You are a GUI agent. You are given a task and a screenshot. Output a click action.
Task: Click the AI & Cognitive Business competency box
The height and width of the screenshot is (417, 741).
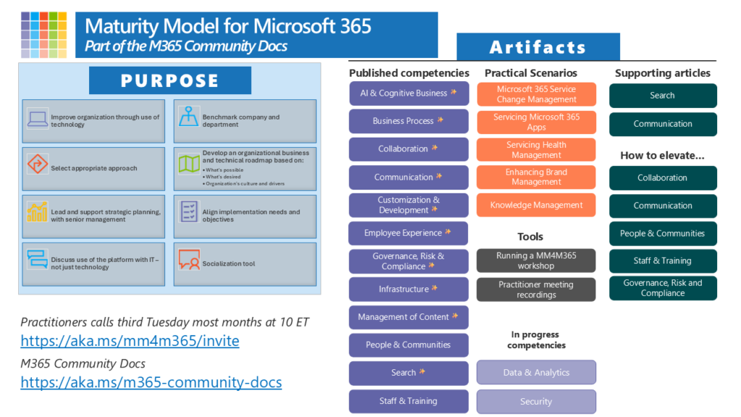[409, 93]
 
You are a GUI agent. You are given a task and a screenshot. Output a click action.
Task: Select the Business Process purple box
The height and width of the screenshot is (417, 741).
[409, 121]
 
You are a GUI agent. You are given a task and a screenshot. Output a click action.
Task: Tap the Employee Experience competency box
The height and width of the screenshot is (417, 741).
[409, 233]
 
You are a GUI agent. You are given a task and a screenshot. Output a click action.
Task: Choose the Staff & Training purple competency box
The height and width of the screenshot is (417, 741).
[409, 401]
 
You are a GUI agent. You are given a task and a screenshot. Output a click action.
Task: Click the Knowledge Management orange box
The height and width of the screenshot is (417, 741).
[536, 205]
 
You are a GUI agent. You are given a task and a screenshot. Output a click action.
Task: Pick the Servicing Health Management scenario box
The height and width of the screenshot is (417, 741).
[536, 150]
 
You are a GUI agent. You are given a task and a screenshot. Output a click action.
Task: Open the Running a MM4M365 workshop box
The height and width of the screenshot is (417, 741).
[536, 261]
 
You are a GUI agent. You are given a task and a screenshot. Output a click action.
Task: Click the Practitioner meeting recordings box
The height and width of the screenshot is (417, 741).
[536, 290]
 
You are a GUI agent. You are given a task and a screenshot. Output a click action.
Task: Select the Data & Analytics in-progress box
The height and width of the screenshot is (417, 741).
[536, 373]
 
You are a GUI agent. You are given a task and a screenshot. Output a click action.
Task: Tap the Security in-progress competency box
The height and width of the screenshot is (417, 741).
[536, 402]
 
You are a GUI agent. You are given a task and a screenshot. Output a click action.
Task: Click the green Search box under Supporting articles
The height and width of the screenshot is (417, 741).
[663, 96]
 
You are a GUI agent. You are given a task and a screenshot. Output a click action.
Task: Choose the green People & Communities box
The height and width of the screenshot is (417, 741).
[663, 234]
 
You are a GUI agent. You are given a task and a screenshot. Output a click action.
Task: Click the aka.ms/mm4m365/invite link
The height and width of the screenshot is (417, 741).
[130, 340]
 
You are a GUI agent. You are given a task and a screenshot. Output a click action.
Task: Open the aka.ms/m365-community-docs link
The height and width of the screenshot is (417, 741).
[151, 382]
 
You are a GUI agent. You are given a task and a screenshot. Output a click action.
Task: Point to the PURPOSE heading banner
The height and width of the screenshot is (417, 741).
[170, 80]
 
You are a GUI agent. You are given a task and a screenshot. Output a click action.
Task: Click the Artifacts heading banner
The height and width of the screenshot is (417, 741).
[538, 48]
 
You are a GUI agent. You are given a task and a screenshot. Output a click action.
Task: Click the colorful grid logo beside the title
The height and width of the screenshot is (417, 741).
[44, 34]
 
